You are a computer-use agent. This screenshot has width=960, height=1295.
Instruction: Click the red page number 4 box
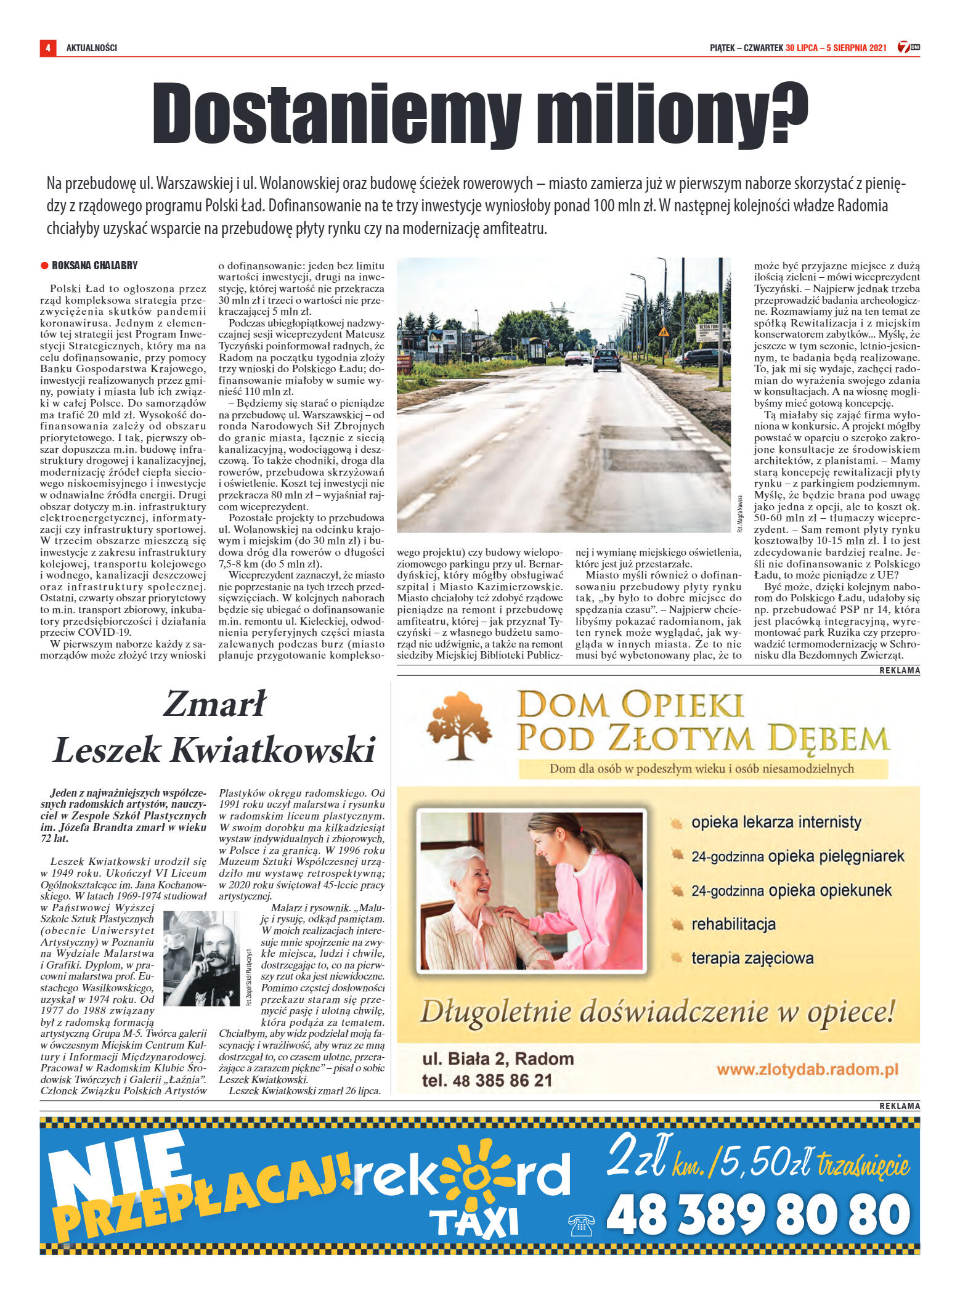click(47, 48)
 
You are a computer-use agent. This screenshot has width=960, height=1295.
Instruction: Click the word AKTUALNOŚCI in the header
click(91, 48)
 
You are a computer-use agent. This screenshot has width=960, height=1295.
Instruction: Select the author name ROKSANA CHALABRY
click(94, 266)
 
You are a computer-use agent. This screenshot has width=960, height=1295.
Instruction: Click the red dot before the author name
click(44, 266)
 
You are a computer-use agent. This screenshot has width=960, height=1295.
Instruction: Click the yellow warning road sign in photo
click(663, 332)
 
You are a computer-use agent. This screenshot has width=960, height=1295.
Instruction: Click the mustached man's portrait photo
click(201, 957)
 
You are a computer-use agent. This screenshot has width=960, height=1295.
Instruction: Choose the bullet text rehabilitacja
click(733, 924)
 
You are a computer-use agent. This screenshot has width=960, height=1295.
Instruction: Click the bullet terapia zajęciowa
click(752, 958)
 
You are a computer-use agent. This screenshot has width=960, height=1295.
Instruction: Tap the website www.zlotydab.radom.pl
click(807, 1070)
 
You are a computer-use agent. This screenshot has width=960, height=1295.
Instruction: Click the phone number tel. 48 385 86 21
click(487, 1081)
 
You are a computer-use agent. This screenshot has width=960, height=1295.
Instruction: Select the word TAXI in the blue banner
click(474, 1224)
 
